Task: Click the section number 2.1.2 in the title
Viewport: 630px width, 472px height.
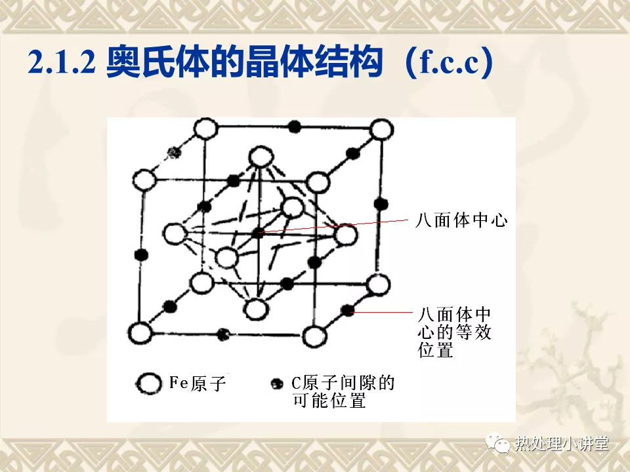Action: click(62, 62)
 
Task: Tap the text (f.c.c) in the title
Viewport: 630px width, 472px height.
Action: click(449, 62)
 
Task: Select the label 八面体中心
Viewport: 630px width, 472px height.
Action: click(461, 220)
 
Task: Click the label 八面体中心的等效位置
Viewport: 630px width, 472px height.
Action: click(454, 332)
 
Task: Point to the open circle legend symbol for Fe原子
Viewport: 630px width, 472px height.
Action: click(149, 383)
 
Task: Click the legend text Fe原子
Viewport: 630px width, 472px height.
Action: click(198, 383)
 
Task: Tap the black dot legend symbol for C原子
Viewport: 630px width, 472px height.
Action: click(276, 383)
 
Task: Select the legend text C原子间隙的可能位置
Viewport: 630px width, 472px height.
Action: click(343, 391)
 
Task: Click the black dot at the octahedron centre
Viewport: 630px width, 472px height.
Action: click(258, 232)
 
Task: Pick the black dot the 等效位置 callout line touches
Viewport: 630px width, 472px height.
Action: click(347, 310)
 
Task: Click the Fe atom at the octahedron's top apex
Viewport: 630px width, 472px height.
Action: click(261, 157)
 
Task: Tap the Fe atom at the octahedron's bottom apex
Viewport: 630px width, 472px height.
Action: click(256, 309)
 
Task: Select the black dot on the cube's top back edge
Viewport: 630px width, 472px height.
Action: click(295, 127)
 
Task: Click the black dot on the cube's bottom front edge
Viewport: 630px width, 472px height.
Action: click(223, 334)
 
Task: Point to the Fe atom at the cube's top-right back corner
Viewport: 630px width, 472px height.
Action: click(381, 130)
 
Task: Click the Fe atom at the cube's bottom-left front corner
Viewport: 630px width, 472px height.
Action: click(140, 333)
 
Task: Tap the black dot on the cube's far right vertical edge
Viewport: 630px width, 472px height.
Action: click(381, 204)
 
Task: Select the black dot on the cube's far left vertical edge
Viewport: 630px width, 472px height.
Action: click(142, 255)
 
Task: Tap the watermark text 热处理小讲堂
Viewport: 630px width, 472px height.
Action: click(562, 443)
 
